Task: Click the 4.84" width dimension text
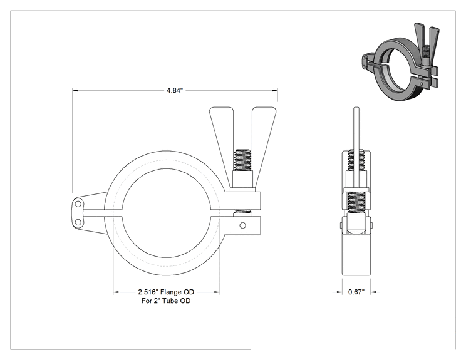click(174, 90)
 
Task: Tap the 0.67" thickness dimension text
click(356, 292)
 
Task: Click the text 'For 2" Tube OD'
click(166, 301)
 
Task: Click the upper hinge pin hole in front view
click(78, 204)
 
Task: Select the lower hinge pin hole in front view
click(78, 222)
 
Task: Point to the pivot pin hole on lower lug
click(243, 225)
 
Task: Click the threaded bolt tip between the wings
click(243, 160)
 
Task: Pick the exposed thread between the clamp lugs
click(243, 213)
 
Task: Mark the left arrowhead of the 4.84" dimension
click(75, 90)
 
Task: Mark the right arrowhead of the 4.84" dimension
click(275, 90)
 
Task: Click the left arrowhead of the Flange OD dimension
click(116, 292)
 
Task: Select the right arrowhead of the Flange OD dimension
click(217, 292)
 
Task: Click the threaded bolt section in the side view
click(356, 203)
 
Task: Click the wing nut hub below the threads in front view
click(243, 180)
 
